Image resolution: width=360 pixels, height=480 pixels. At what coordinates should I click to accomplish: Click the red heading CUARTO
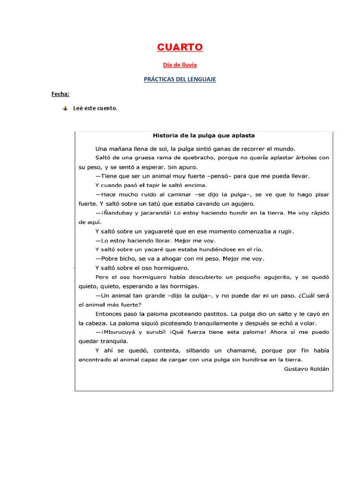pyautogui.click(x=180, y=47)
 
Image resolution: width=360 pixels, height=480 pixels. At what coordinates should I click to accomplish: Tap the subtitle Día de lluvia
pyautogui.click(x=180, y=65)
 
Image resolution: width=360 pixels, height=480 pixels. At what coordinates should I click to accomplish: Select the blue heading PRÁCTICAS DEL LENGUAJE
pyautogui.click(x=180, y=79)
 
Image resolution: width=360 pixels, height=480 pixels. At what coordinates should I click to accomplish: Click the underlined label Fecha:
pyautogui.click(x=60, y=94)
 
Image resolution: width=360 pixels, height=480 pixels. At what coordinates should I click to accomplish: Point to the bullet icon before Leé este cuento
pyautogui.click(x=64, y=108)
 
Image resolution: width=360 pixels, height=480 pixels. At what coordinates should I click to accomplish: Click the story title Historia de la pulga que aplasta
pyautogui.click(x=204, y=135)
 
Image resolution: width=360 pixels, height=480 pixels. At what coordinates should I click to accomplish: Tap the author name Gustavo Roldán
pyautogui.click(x=307, y=368)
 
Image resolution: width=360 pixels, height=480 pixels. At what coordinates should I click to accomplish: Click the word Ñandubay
pyautogui.click(x=116, y=213)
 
